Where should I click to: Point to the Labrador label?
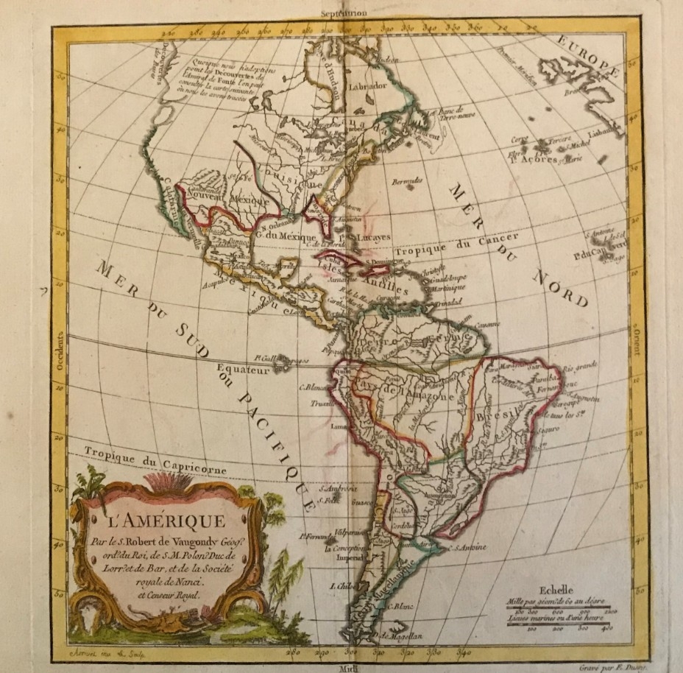click(367, 85)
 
